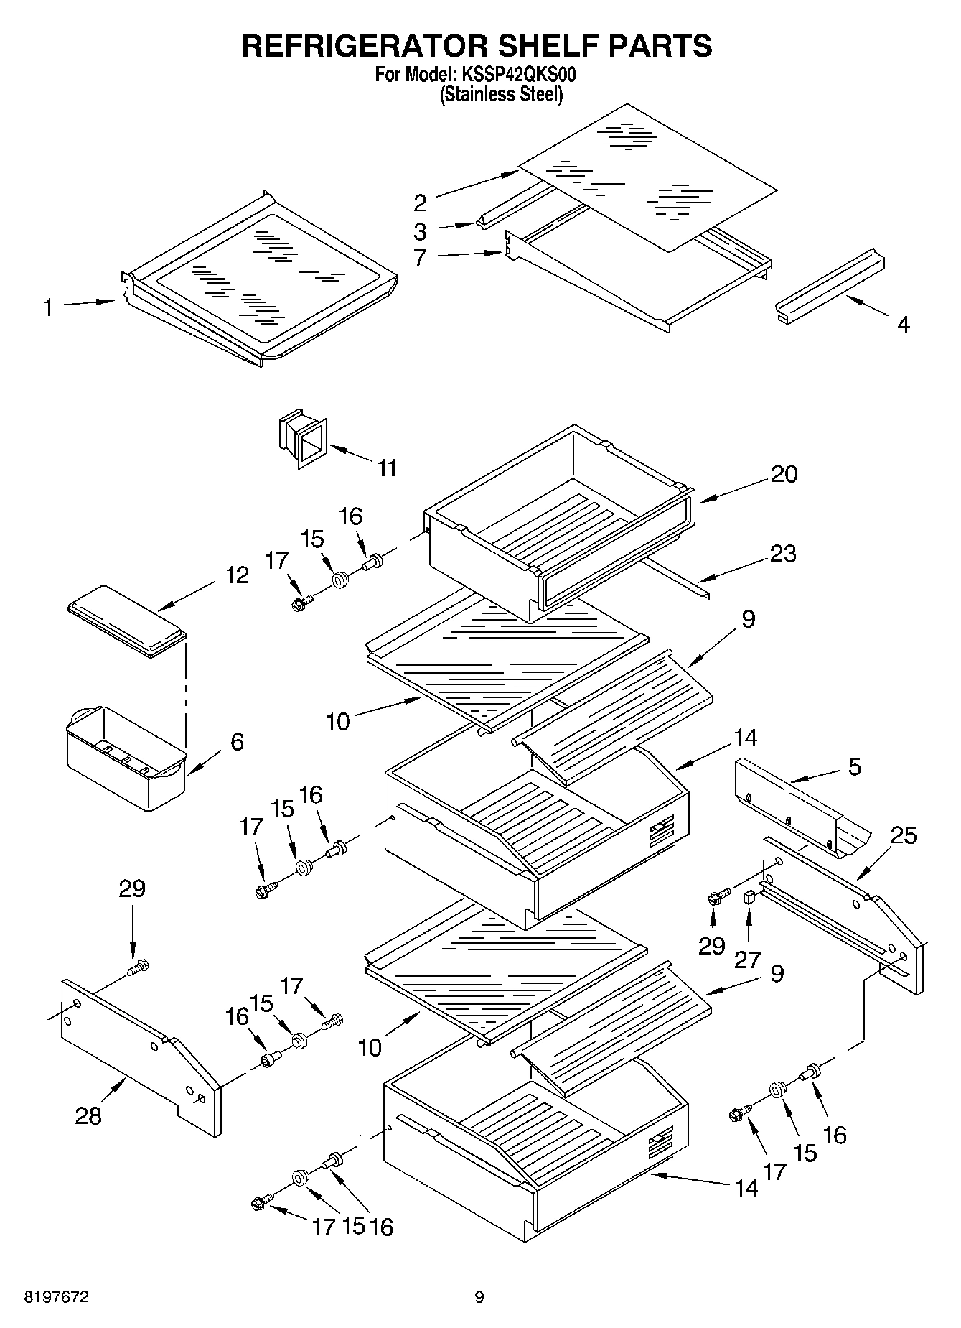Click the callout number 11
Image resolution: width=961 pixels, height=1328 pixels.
pos(387,468)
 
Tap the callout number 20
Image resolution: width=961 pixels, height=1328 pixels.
pos(784,474)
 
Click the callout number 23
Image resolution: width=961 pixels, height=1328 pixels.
pos(782,554)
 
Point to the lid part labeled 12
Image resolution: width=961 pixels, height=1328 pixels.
pos(126,620)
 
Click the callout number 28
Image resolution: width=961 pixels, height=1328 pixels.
pos(89,1115)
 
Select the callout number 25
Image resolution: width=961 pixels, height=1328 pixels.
pos(903,835)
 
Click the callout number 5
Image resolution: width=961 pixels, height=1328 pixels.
pos(854,766)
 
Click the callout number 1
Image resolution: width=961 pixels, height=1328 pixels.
pos(48,308)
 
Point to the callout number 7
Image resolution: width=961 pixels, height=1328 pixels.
pos(421,257)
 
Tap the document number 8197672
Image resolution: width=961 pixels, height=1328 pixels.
pos(57,1297)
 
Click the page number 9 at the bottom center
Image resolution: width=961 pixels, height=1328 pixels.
pos(479,1297)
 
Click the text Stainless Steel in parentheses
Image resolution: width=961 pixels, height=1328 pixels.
pos(500,94)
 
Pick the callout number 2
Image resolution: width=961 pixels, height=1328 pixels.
pos(421,203)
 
